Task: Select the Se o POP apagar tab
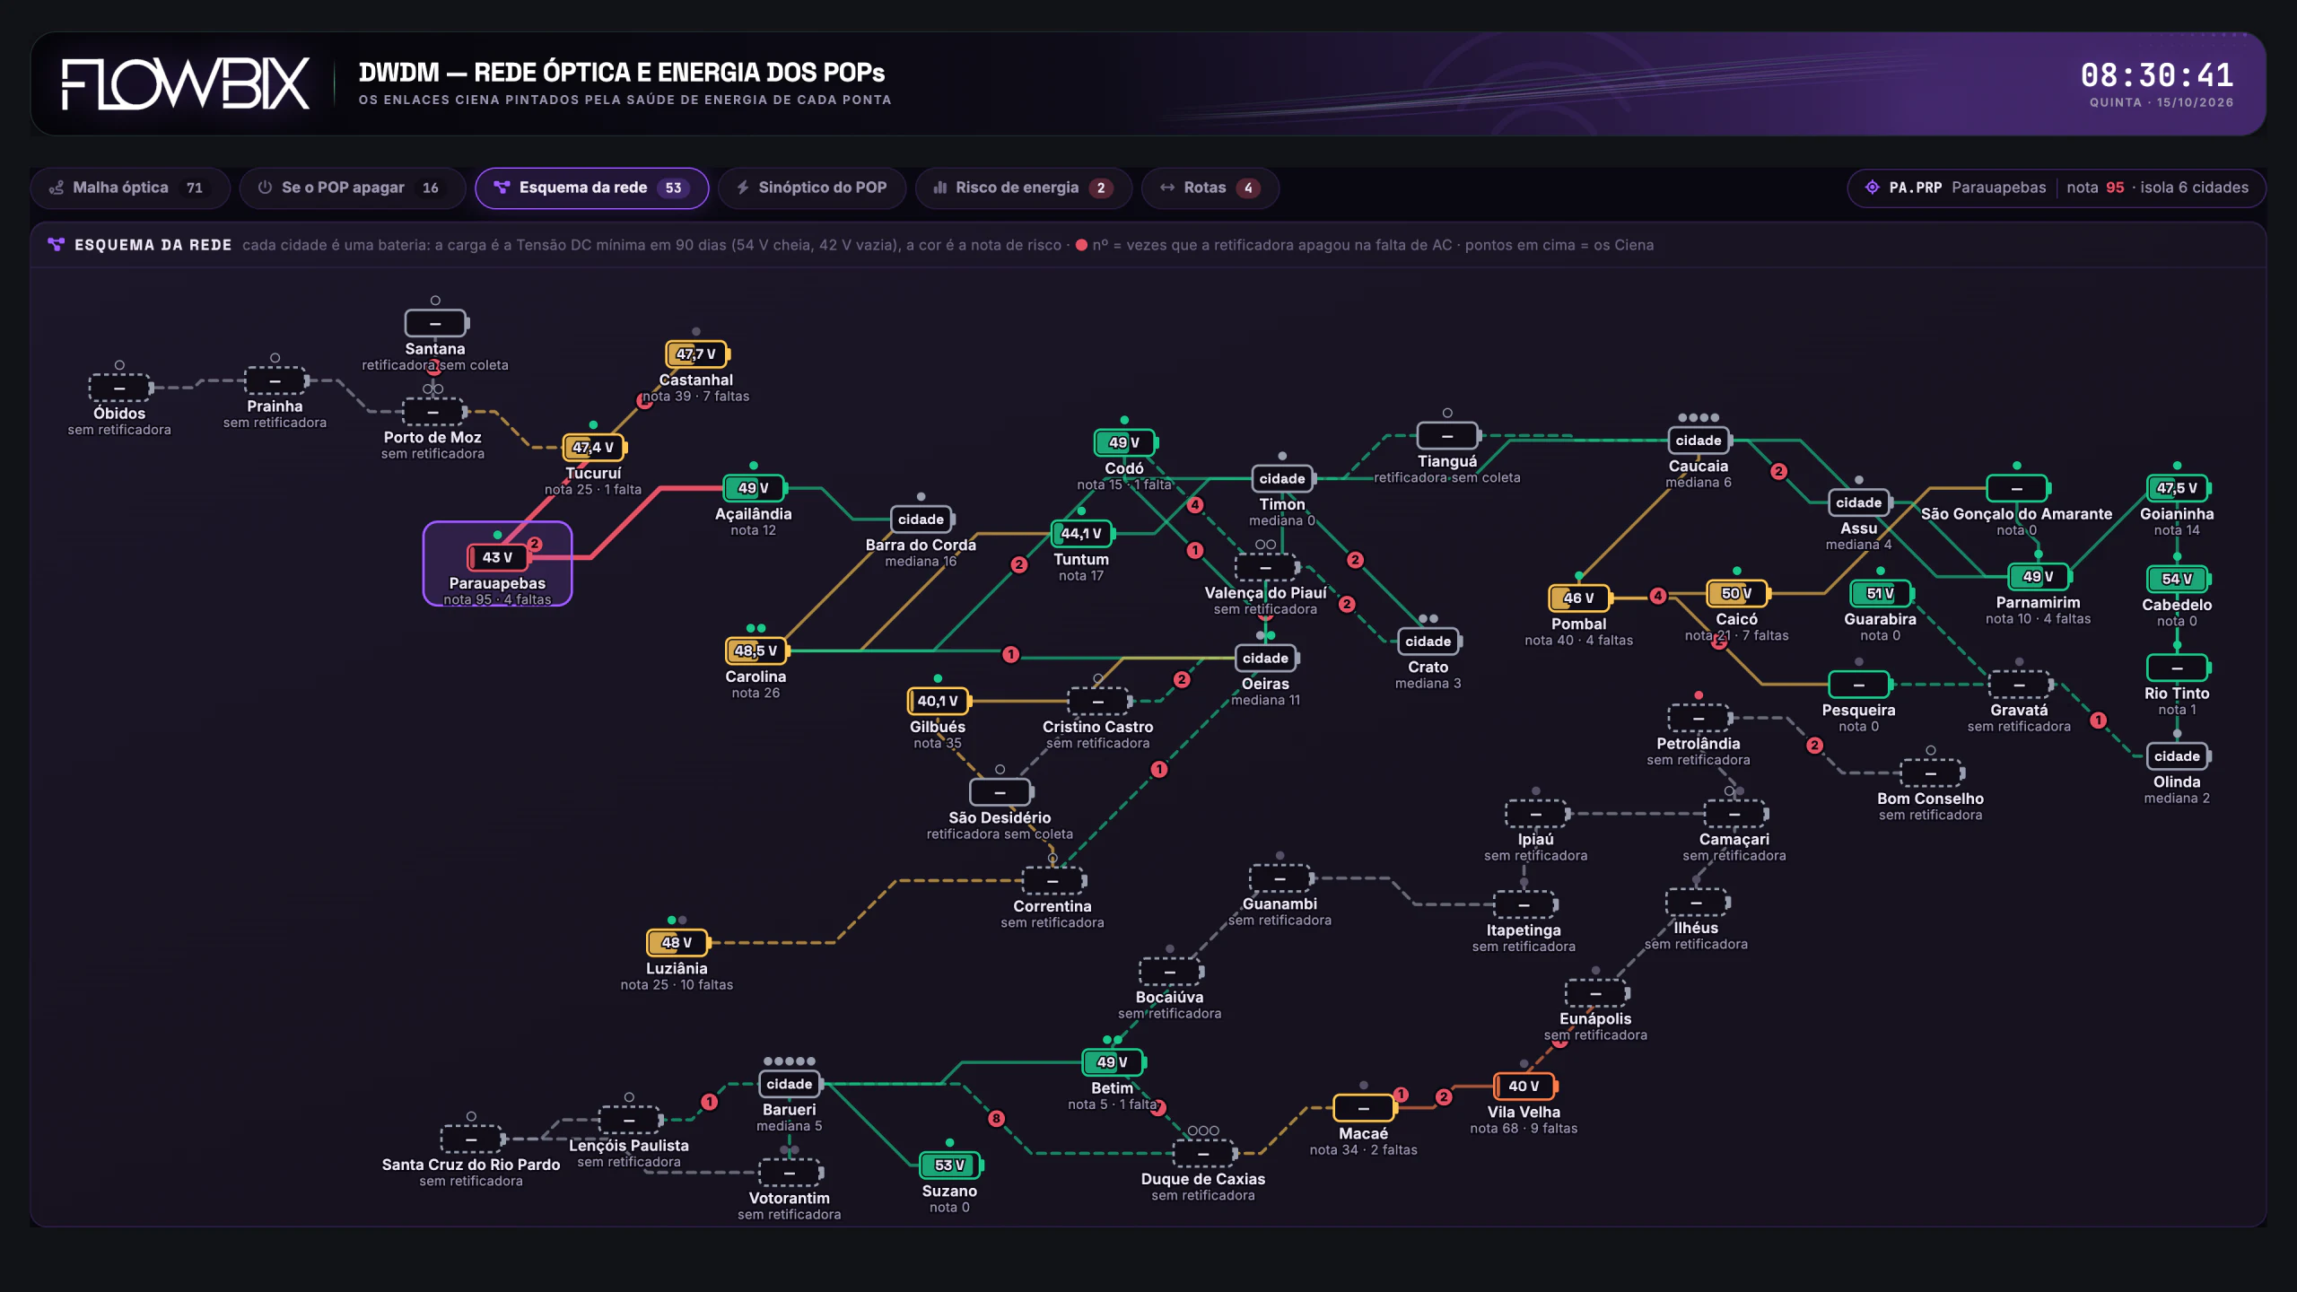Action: click(x=352, y=188)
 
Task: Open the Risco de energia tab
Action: click(x=1023, y=188)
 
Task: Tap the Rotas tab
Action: click(x=1210, y=188)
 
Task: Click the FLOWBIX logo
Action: click(x=186, y=84)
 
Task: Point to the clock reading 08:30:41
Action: click(x=2157, y=75)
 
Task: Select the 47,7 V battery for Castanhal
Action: click(x=697, y=354)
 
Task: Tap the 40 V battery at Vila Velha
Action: click(x=1524, y=1086)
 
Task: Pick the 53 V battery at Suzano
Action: click(x=950, y=1165)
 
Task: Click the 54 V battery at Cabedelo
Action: click(x=2178, y=579)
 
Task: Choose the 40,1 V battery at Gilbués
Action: click(x=939, y=701)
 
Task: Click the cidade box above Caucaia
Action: click(x=1699, y=441)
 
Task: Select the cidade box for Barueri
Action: click(x=790, y=1084)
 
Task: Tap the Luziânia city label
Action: click(x=677, y=968)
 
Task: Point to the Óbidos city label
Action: click(x=119, y=413)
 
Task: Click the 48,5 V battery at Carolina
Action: click(x=756, y=650)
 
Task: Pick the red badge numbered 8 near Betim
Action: click(x=996, y=1118)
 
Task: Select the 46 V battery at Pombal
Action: click(x=1579, y=598)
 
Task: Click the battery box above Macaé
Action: click(x=1364, y=1108)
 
